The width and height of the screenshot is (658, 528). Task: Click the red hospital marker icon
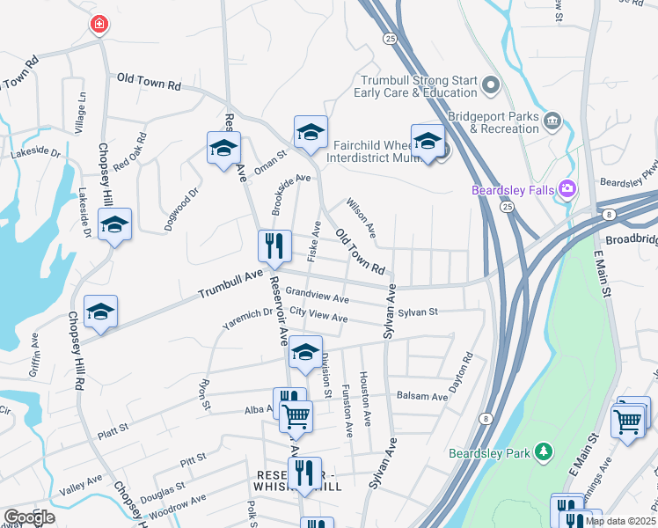pyautogui.click(x=99, y=24)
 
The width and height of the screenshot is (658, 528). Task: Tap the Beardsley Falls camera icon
pyautogui.click(x=568, y=188)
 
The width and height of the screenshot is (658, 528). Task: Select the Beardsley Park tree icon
pyautogui.click(x=545, y=452)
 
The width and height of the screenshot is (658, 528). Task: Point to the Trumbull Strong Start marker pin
pyautogui.click(x=491, y=85)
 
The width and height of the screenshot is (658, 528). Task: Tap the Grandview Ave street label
pyautogui.click(x=317, y=295)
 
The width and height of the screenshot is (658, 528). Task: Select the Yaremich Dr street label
pyautogui.click(x=247, y=319)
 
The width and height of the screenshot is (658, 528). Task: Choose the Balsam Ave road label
pyautogui.click(x=422, y=397)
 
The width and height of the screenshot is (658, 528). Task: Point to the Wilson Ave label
pyautogui.click(x=361, y=219)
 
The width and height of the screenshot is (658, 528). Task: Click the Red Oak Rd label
pyautogui.click(x=128, y=151)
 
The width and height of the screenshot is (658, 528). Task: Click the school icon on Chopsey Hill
pyautogui.click(x=114, y=224)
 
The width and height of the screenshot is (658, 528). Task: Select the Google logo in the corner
pyautogui.click(x=29, y=517)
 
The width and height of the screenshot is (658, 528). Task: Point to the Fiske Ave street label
pyautogui.click(x=313, y=240)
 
